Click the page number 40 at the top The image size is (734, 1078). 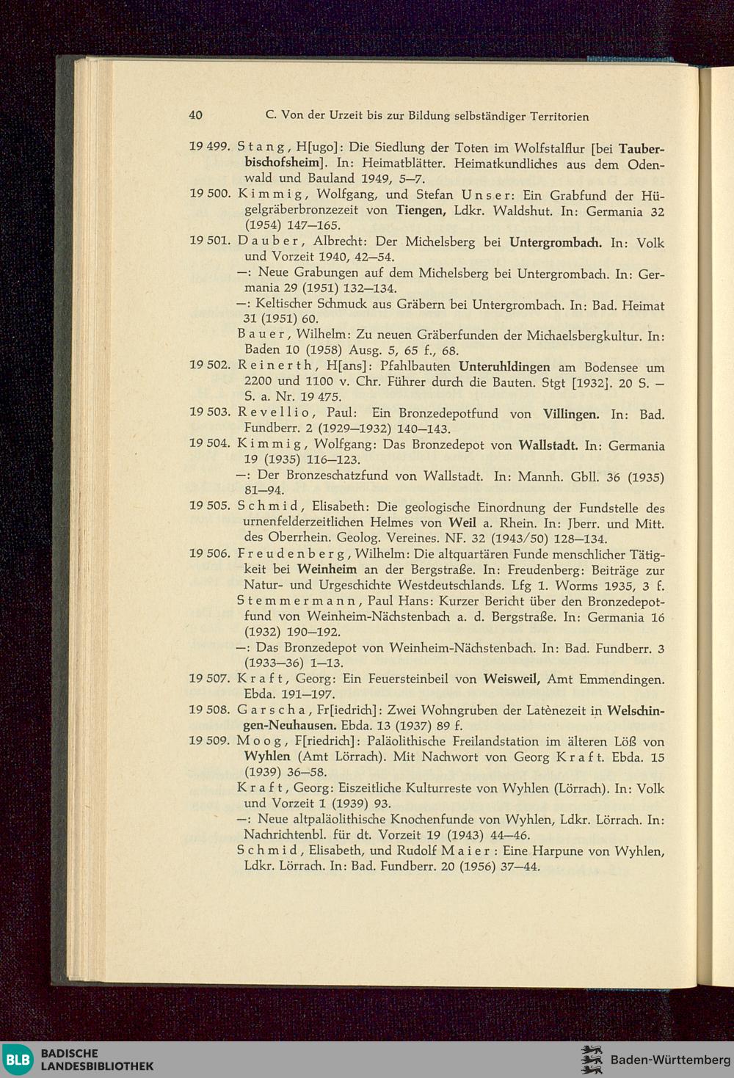click(195, 115)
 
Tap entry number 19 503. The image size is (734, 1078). click(210, 412)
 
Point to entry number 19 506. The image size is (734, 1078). click(210, 553)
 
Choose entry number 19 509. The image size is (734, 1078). click(209, 740)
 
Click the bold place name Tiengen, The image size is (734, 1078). click(421, 210)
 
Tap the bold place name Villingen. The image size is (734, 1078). click(571, 414)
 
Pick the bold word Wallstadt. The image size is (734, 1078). click(548, 445)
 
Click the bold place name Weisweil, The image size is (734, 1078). click(512, 679)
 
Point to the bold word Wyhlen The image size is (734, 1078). click(267, 756)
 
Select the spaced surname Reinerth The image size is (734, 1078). click(277, 365)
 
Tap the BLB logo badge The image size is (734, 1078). click(18, 1060)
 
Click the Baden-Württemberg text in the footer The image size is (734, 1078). click(670, 1060)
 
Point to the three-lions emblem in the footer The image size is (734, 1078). click(592, 1060)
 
